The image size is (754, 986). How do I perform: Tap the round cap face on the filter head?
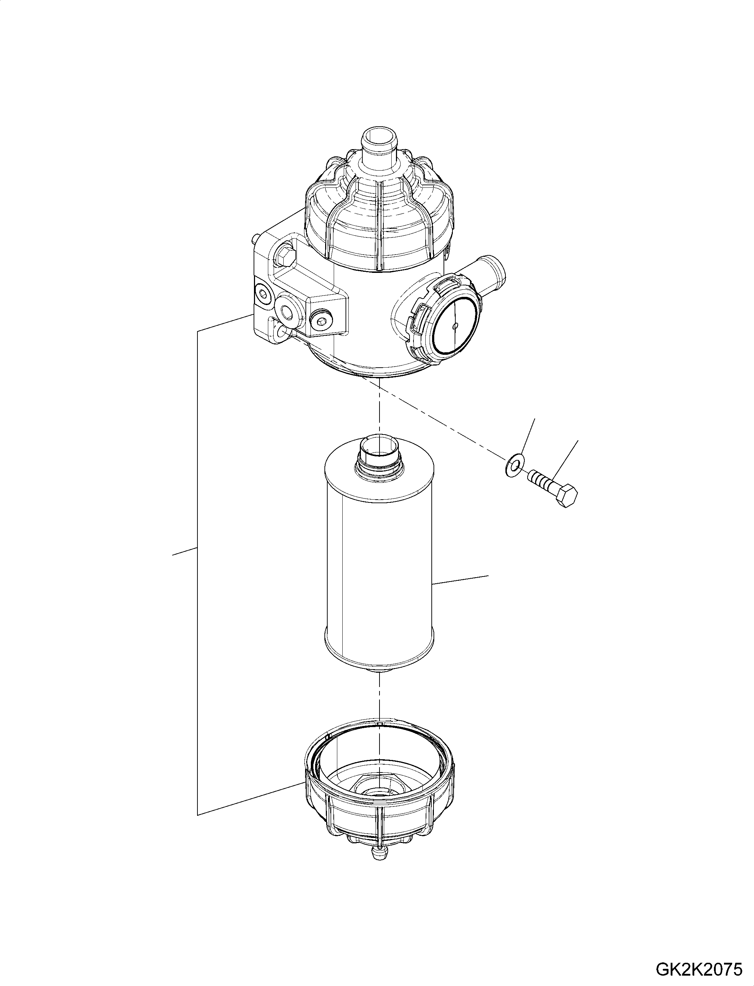tap(456, 327)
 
